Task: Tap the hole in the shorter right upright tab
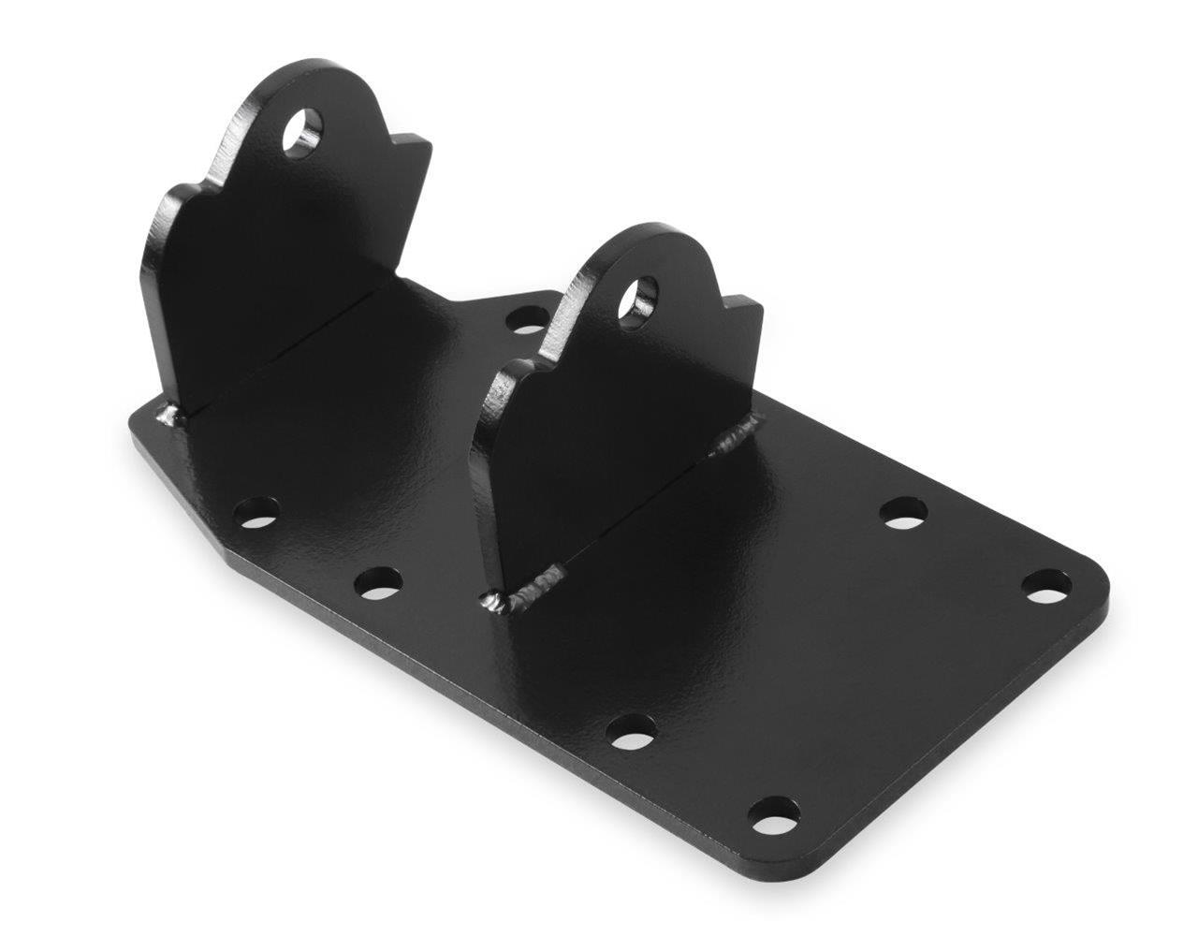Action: (640, 297)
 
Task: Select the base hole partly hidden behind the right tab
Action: (526, 318)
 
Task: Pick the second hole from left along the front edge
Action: (379, 582)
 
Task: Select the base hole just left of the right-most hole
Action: (904, 512)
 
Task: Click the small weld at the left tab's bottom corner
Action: (169, 415)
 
